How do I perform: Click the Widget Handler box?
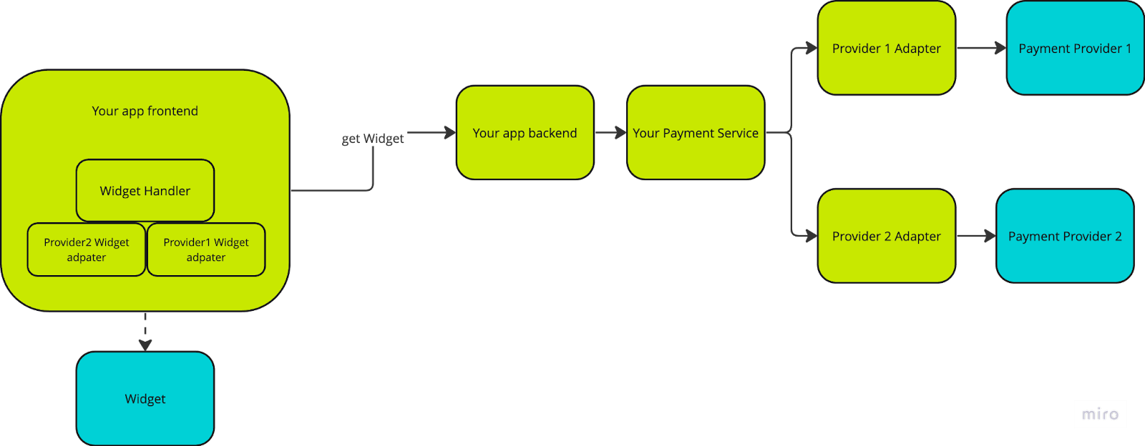[x=145, y=191]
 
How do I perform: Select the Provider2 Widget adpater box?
[x=87, y=249]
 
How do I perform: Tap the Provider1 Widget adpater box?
[x=206, y=249]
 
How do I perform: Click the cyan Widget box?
[x=145, y=398]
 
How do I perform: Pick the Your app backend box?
[x=525, y=133]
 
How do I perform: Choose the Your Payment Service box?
[x=696, y=133]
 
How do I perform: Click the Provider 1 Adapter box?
[x=886, y=49]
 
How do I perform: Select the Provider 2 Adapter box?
[x=886, y=236]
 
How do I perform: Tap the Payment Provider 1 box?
[x=1075, y=49]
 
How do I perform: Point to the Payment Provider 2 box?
[x=1065, y=236]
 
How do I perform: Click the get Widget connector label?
[x=373, y=139]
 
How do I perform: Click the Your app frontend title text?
[x=145, y=111]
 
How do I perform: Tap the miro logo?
[x=1100, y=414]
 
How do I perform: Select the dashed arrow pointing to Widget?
[x=145, y=330]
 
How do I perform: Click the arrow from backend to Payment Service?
[x=610, y=133]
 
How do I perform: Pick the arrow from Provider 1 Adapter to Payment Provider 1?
[x=980, y=49]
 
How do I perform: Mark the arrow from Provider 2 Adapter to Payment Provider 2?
[x=975, y=236]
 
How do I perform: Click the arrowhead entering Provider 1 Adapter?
[x=811, y=49]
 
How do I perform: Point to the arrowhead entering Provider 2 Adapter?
[x=811, y=236]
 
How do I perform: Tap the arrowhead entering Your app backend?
[x=449, y=133]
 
